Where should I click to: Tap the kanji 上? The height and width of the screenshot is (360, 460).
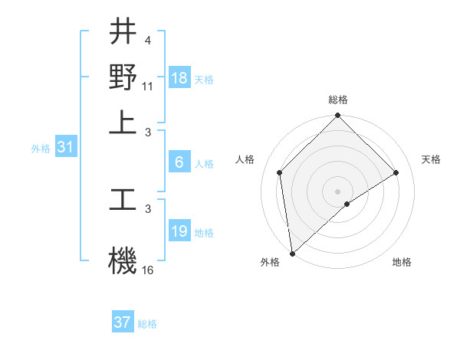tap(123, 122)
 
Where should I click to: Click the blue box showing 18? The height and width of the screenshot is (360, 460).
tap(179, 78)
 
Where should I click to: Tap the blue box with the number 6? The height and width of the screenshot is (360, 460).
tap(179, 162)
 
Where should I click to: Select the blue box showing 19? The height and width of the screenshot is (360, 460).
tap(179, 231)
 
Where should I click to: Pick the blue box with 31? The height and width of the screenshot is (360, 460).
tap(65, 147)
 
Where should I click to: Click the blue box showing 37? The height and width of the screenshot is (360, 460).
tap(123, 322)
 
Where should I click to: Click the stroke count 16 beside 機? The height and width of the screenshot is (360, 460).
tap(148, 270)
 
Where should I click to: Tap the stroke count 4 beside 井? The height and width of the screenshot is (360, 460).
tap(147, 39)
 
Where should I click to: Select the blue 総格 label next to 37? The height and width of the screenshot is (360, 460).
tap(147, 324)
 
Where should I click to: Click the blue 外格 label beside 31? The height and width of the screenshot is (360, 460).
tap(41, 149)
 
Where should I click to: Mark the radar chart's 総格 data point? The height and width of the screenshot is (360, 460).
tap(337, 116)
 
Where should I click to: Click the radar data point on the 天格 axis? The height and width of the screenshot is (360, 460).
tap(396, 172)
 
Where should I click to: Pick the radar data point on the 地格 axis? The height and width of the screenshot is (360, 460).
tap(347, 204)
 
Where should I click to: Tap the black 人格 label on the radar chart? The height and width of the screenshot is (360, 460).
tap(245, 159)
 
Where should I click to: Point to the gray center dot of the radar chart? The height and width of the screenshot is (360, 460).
tap(337, 191)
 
